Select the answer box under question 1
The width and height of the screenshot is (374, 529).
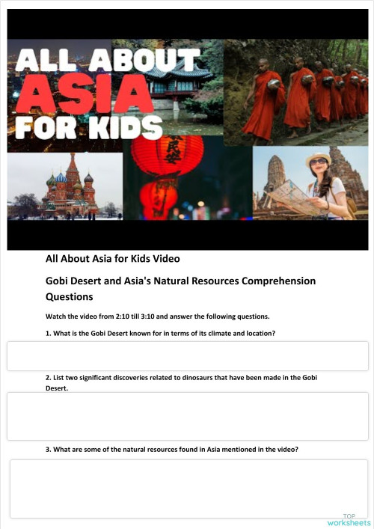(x=187, y=355)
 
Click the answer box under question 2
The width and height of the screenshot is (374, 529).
(x=187, y=416)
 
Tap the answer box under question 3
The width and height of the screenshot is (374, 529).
(x=188, y=488)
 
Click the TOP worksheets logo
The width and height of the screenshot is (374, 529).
(x=348, y=519)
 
